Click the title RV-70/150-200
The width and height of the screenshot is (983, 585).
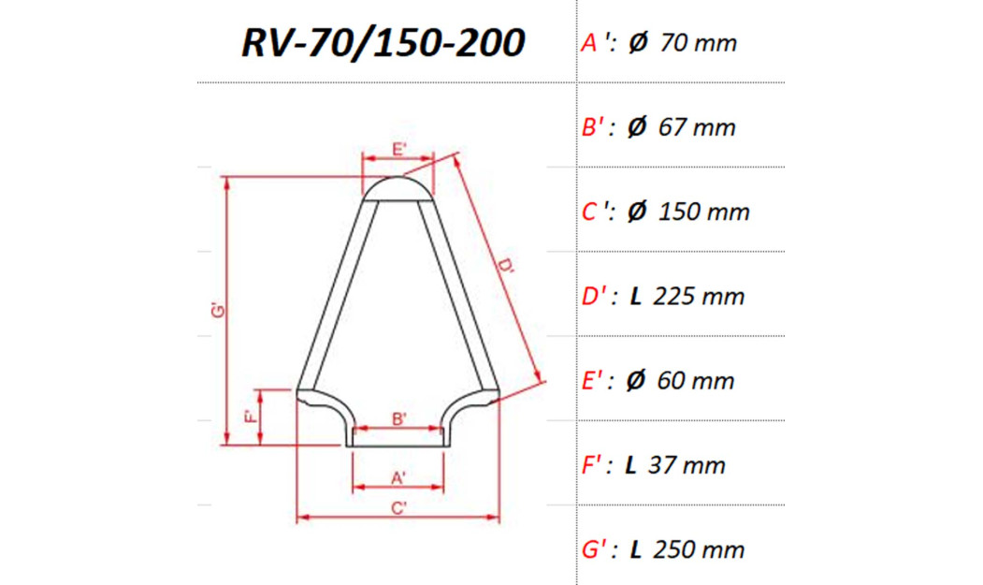pos(382,42)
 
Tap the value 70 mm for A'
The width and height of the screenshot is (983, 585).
pos(697,43)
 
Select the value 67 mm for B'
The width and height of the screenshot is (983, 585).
pos(697,127)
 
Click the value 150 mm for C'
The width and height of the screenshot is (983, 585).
pos(703,212)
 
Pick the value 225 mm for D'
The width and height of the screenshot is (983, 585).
pos(700,297)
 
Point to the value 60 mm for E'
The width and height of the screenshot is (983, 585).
pos(696,381)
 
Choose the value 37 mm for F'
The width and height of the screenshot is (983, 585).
pos(690,465)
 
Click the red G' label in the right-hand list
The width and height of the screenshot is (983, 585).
pos(596,549)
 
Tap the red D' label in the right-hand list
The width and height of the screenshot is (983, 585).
pos(596,297)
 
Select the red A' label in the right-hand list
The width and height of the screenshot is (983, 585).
pos(593,43)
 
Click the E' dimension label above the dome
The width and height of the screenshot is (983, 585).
pos(398,150)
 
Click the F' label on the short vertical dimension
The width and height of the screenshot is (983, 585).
pos(250,417)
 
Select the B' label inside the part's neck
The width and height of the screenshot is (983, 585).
pos(398,418)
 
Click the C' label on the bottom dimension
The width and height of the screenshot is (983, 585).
pos(398,508)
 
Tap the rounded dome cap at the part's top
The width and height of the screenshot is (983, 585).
pos(398,187)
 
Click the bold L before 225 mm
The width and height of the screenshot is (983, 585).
pos(635,297)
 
